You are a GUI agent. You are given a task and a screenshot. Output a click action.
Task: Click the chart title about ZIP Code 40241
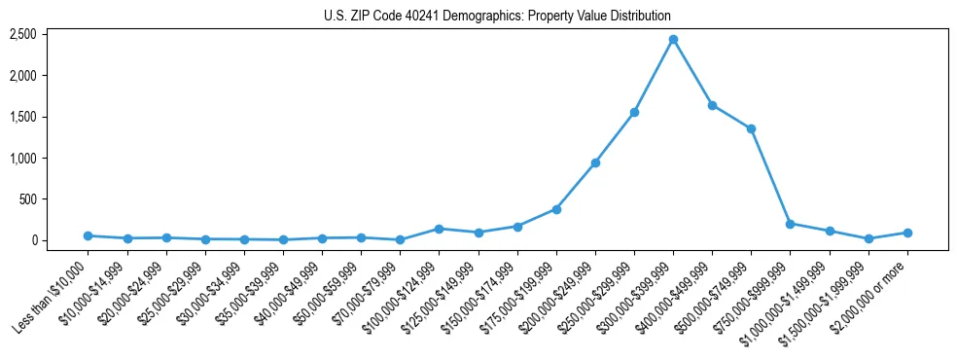(497, 17)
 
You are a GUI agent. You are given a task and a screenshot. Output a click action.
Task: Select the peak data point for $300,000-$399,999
(673, 40)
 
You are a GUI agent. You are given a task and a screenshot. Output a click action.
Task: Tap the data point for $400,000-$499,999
(712, 105)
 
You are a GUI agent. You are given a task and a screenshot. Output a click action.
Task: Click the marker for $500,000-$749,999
(751, 128)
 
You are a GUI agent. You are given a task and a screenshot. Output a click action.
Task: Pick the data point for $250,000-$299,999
(634, 112)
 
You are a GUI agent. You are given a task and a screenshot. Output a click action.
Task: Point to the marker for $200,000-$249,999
(595, 162)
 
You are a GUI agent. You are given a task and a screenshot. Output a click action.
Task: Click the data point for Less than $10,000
(89, 235)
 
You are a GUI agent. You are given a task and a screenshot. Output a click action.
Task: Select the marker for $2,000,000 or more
(907, 233)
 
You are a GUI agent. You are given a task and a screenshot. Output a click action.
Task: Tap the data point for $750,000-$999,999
(790, 224)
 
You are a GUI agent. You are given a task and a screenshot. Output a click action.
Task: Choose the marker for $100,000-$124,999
(439, 229)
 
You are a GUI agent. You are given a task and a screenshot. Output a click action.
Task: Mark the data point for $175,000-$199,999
(556, 209)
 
